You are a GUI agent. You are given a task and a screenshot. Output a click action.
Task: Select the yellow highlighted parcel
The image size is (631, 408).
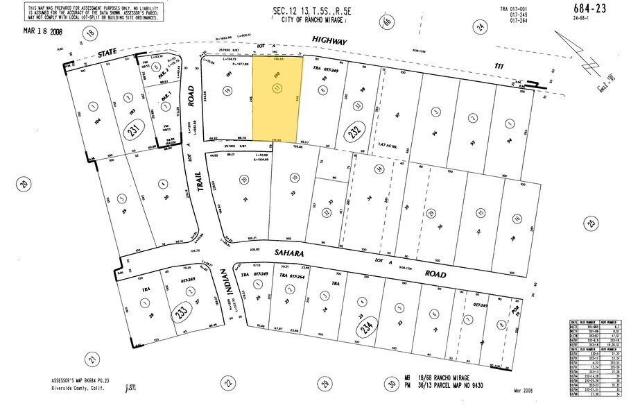click(277, 98)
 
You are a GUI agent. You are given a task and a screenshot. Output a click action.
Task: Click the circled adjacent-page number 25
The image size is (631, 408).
click(591, 223)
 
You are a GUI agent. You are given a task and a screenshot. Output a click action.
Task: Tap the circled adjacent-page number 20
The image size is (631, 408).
click(23, 184)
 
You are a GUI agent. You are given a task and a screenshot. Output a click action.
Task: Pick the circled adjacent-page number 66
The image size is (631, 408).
click(386, 23)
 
